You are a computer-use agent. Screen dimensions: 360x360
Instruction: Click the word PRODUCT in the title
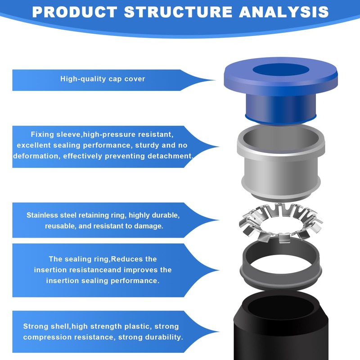pyautogui.click(x=75, y=12)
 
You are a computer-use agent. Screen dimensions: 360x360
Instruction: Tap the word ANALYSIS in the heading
pyautogui.click(x=284, y=12)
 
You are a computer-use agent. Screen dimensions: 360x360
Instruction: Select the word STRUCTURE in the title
pyautogui.click(x=178, y=12)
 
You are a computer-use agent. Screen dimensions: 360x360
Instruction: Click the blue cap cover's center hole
pyautogui.click(x=281, y=70)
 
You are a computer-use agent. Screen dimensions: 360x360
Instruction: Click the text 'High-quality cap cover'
pyautogui.click(x=103, y=79)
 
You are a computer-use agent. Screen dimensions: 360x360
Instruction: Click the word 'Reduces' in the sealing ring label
pyautogui.click(x=126, y=259)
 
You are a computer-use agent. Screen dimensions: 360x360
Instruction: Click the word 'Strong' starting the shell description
pyautogui.click(x=35, y=327)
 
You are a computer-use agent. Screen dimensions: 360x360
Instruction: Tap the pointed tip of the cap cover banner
pyautogui.click(x=216, y=80)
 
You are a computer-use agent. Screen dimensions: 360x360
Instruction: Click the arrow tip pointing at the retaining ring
pyautogui.click(x=219, y=220)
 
